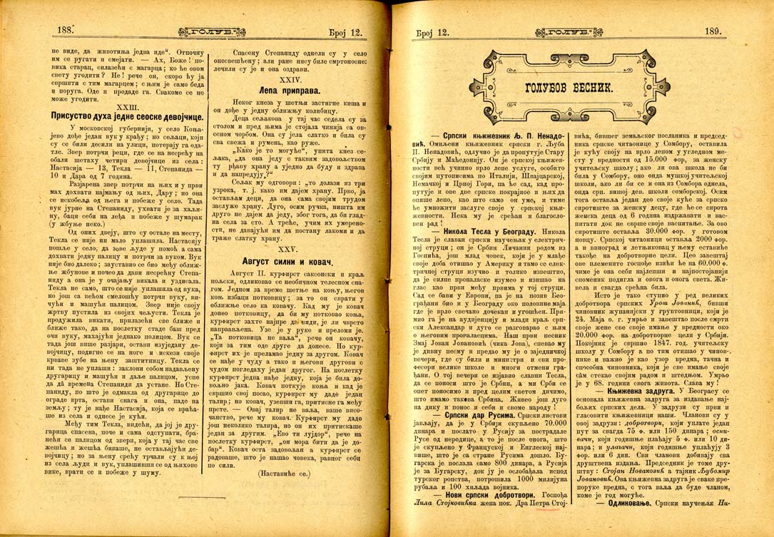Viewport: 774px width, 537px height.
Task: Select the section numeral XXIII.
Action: [x=130, y=105]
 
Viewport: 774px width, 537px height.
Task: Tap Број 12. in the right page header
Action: [x=432, y=32]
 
